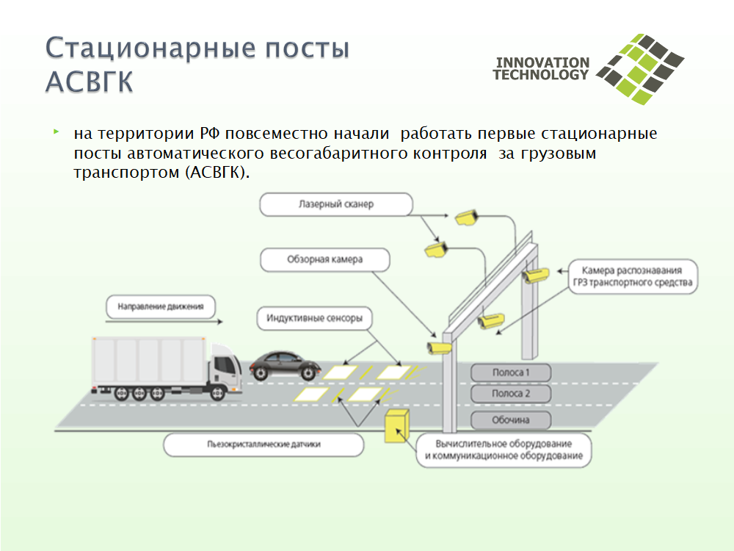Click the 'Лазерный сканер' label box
coord(336,204)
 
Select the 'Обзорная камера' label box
coord(325,259)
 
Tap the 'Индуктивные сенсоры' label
coord(315,318)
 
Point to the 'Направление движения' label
coord(161,306)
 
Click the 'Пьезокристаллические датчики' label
coord(264,444)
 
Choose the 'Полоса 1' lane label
coord(511,372)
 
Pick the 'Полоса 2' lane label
coord(511,394)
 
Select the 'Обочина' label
coord(511,419)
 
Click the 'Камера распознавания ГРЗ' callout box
coord(633,276)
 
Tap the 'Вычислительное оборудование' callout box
coord(504,450)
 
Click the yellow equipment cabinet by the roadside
coord(397,426)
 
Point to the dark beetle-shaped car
coord(285,365)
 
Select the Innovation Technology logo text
coord(541,69)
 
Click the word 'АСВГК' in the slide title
coord(89,82)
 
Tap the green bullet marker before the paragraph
coord(57,132)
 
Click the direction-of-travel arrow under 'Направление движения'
coord(164,322)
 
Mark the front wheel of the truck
coord(217,392)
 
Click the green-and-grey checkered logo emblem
coord(640,69)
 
